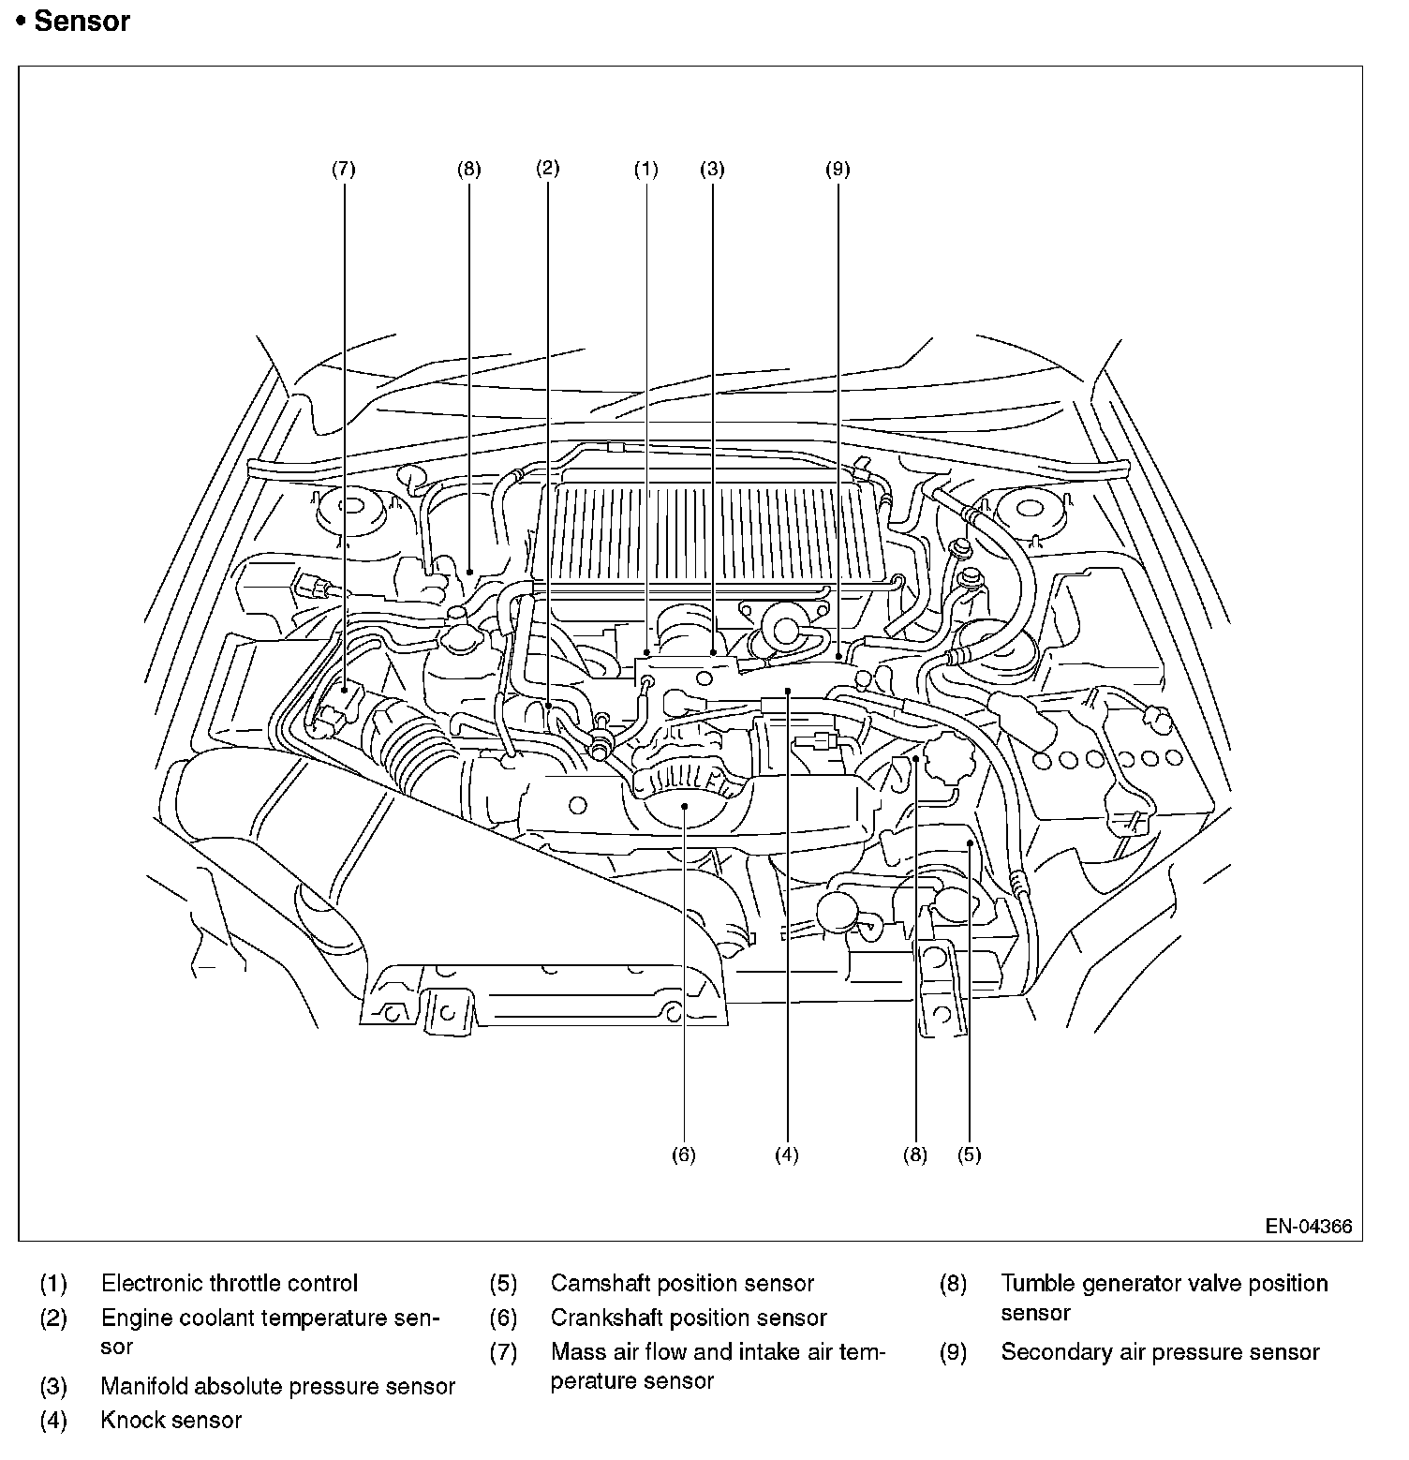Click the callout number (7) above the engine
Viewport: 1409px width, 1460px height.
pyautogui.click(x=344, y=170)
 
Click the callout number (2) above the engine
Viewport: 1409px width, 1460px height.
pyautogui.click(x=548, y=168)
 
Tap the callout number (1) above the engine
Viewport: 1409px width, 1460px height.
pyautogui.click(x=646, y=170)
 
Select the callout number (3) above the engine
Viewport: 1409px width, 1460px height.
pyautogui.click(x=713, y=170)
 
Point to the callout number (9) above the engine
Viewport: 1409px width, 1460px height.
pyautogui.click(x=838, y=170)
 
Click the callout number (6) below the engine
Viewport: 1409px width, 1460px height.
pyautogui.click(x=684, y=1155)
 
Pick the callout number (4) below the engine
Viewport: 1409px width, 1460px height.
pyautogui.click(x=787, y=1155)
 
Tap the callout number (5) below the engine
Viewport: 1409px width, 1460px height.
pyautogui.click(x=970, y=1155)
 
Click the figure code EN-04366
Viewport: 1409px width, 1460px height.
pyautogui.click(x=1309, y=1227)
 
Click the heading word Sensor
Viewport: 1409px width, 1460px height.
pyautogui.click(x=82, y=22)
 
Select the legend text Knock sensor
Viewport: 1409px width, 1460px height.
pyautogui.click(x=171, y=1421)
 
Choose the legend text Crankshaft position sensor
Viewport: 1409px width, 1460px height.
pyautogui.click(x=689, y=1318)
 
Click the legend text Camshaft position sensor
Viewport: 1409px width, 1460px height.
pyautogui.click(x=682, y=1284)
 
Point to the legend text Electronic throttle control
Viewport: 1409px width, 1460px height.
pyautogui.click(x=230, y=1284)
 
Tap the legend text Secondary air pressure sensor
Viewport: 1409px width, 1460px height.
pyautogui.click(x=1160, y=1352)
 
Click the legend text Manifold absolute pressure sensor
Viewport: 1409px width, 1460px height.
pyautogui.click(x=278, y=1387)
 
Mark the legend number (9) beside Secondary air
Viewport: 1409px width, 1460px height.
pyautogui.click(x=953, y=1353)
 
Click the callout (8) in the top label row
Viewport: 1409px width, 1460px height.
pyautogui.click(x=468, y=170)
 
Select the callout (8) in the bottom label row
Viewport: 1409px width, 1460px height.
pyautogui.click(x=915, y=1155)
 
